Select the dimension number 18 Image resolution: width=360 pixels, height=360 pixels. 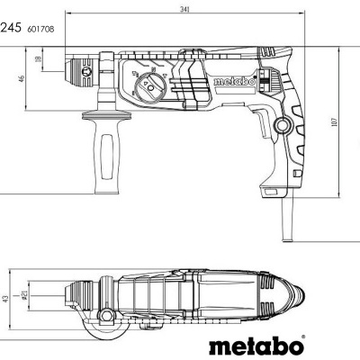pos(38,59)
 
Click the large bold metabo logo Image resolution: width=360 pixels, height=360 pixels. pos(255,345)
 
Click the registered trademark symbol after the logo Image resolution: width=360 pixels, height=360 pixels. pos(303,338)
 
